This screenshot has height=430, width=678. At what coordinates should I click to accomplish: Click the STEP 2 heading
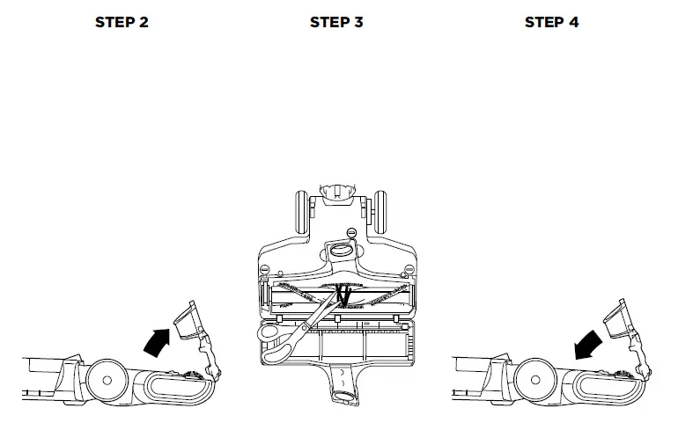[122, 22]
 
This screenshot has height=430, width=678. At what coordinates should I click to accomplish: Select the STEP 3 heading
[336, 22]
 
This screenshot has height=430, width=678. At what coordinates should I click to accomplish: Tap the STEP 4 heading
[551, 22]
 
